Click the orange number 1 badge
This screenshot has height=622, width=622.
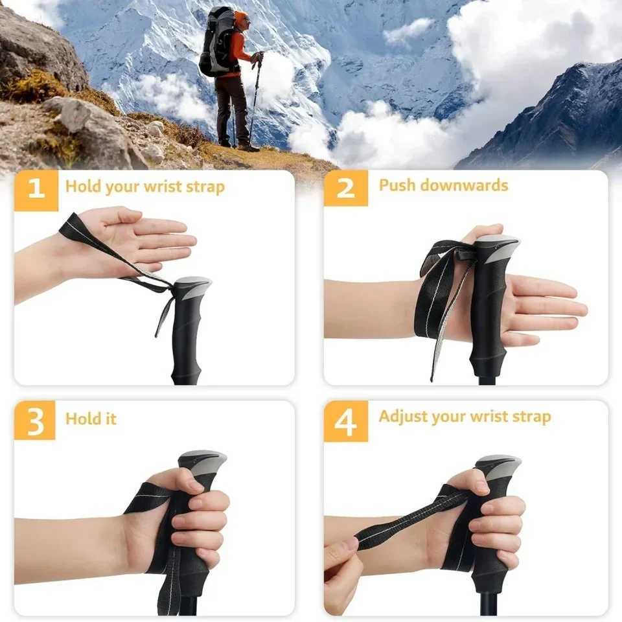click(36, 188)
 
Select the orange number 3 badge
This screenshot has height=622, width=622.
click(35, 420)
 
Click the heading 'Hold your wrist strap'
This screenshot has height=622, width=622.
click(144, 187)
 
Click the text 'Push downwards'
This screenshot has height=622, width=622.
click(443, 185)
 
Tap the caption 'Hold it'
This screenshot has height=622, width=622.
click(91, 419)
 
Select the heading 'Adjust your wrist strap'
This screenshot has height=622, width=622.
click(465, 416)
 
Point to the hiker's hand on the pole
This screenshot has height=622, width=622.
click(257, 58)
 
